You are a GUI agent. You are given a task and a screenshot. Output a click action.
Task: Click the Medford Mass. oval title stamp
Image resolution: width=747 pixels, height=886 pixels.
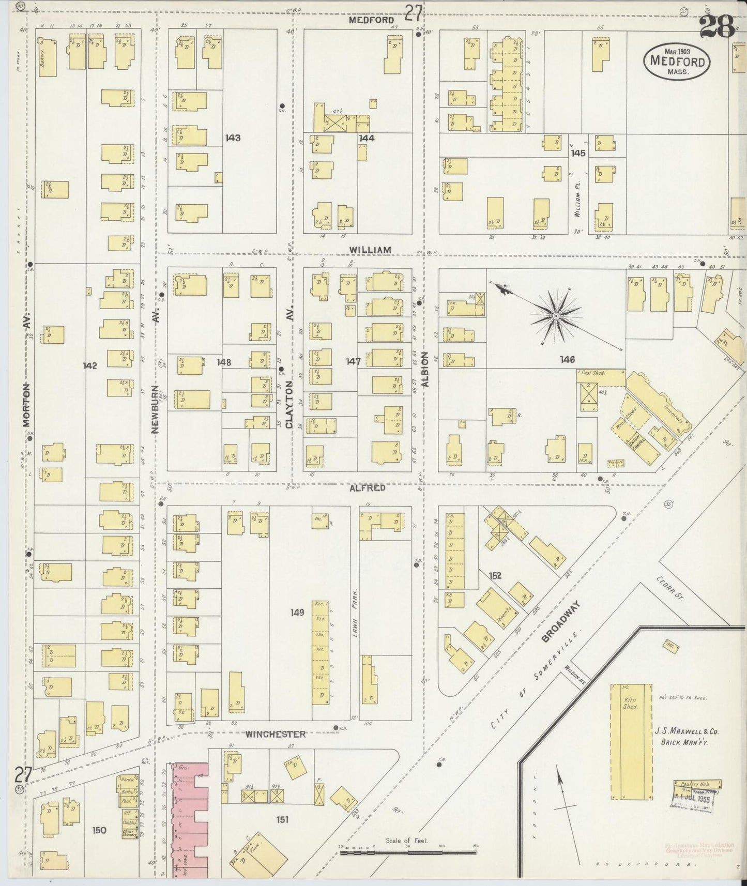677,61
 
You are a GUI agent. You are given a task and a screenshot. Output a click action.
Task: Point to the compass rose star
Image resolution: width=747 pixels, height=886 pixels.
556,315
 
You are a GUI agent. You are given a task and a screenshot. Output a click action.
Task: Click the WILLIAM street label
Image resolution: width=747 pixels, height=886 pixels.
370,250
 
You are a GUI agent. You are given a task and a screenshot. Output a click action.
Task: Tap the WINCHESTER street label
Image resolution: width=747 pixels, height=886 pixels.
275,734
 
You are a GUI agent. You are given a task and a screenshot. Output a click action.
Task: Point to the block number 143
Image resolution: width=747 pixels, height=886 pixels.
233,138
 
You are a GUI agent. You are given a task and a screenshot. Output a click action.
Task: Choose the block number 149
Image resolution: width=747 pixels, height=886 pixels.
297,613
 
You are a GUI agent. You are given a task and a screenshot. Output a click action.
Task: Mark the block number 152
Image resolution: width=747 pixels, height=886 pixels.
495,575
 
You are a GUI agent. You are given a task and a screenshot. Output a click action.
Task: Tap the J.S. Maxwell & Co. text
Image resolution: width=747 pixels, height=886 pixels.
687,736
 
